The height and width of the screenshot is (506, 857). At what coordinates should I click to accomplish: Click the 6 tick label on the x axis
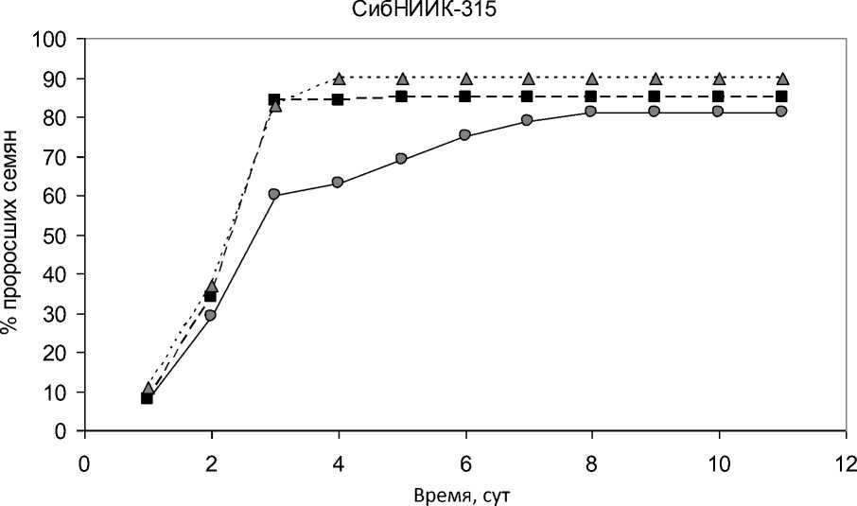465,463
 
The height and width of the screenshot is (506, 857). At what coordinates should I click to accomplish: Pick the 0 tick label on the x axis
84,463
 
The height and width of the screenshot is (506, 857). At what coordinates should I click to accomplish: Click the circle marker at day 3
274,195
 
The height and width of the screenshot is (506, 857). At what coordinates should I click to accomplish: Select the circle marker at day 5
401,159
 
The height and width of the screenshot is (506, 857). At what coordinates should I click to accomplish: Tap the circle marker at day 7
528,121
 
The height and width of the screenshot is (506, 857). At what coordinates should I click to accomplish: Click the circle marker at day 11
781,112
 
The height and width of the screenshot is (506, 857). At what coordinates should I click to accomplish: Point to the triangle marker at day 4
338,78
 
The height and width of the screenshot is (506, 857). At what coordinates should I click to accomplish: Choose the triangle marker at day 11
782,78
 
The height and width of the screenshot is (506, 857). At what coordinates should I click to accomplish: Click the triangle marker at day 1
148,388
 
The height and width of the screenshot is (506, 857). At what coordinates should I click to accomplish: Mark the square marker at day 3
274,99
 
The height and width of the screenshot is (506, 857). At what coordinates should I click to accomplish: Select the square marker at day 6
464,96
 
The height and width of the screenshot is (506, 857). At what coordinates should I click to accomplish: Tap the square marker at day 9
655,96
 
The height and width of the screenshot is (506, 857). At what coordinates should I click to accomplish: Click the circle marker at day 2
211,315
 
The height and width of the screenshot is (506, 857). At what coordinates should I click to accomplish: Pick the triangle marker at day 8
592,78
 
